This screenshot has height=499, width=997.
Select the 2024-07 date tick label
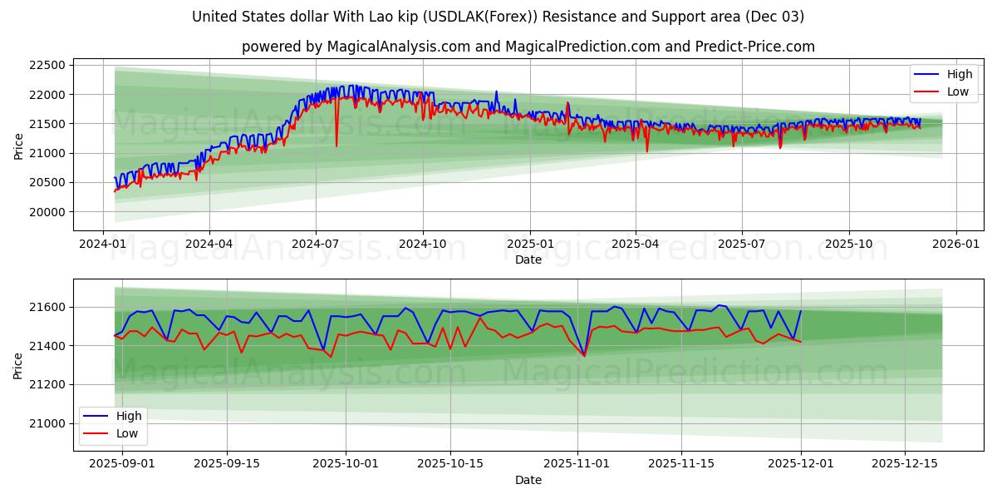(316, 245)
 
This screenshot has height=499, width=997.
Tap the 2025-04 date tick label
(636, 245)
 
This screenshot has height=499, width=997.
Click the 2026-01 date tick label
(955, 245)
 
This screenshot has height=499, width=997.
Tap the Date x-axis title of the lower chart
(528, 480)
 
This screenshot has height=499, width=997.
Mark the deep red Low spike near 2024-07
(336, 146)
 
